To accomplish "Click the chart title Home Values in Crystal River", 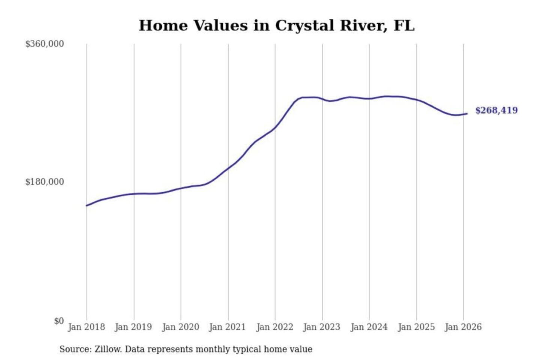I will point(276,25).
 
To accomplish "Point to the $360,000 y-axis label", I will point(45,44).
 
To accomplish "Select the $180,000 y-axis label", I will point(45,182).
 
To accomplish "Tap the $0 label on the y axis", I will point(59,321).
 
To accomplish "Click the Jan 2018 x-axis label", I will point(86,327).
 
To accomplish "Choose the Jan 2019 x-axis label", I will point(133,327).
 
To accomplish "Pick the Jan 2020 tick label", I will point(180,327).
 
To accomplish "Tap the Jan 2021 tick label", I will point(227,327).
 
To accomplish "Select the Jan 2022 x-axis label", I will point(274,327).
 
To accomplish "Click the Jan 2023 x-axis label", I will point(322,327).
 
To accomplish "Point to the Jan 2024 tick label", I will point(369,327).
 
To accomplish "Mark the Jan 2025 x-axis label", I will point(416,327).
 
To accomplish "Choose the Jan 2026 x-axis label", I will point(463,327).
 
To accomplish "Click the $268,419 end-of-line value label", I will point(496,110).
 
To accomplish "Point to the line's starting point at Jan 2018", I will point(87,205).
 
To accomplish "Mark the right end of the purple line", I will point(467,114).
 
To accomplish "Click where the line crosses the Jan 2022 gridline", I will point(275,128).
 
